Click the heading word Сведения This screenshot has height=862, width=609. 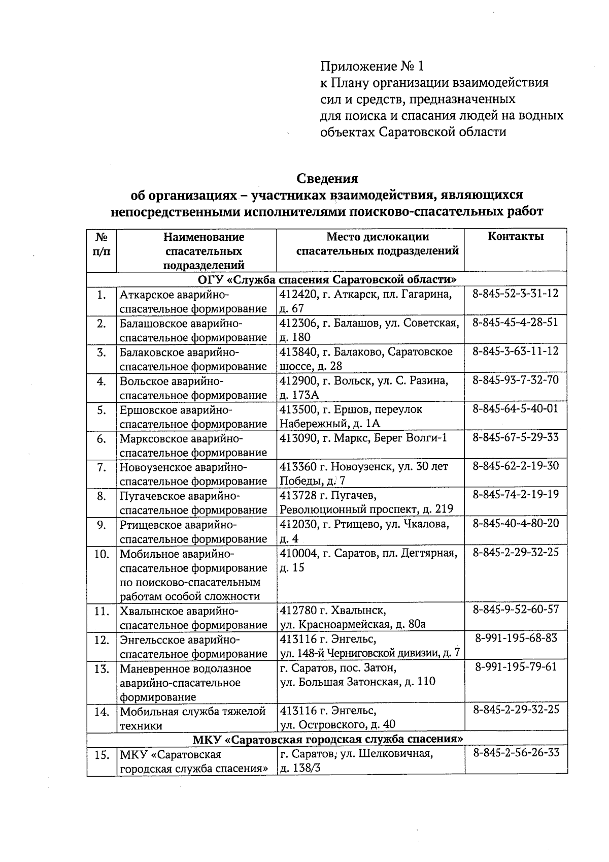tap(327, 179)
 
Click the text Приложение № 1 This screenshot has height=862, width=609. tap(371, 66)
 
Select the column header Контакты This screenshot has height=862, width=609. tap(515, 236)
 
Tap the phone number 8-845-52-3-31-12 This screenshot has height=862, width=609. tap(515, 294)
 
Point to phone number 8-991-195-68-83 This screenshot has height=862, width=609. tap(516, 638)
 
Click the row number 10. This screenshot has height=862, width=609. tap(101, 554)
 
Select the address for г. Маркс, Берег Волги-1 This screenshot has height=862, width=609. tap(363, 438)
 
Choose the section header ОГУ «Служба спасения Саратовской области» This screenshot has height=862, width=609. tap(327, 280)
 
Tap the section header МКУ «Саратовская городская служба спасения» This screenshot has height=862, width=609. tap(327, 739)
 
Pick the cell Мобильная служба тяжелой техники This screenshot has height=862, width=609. tap(193, 718)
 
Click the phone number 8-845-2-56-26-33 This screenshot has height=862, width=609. tap(516, 753)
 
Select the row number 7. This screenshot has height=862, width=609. tap(101, 467)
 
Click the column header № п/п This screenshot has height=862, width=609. tap(101, 244)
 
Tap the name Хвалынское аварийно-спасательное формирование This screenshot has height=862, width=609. tap(193, 618)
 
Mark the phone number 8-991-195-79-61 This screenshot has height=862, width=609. tap(516, 666)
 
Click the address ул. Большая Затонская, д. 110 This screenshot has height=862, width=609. tap(357, 682)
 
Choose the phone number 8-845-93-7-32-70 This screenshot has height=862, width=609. tap(515, 380)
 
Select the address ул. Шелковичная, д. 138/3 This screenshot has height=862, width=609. tap(355, 760)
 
